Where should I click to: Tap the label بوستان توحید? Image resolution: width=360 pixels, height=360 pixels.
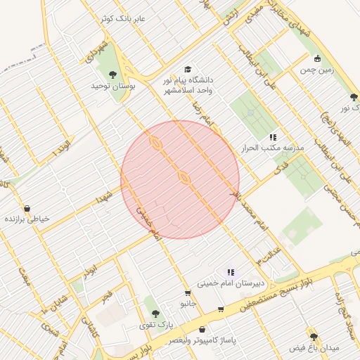click(x=112, y=85)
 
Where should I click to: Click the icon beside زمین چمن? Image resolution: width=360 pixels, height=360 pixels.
click(x=317, y=58)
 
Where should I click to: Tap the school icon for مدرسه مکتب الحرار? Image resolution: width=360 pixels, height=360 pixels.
click(x=273, y=136)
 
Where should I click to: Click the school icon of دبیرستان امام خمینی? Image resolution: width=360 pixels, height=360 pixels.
click(x=230, y=272)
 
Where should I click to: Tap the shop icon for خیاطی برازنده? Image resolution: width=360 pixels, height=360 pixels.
click(x=27, y=208)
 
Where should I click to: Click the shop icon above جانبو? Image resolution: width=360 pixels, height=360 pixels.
click(x=188, y=293)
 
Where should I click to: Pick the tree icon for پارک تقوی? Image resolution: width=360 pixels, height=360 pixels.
click(x=155, y=314)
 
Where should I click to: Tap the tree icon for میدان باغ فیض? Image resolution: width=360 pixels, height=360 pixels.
click(x=314, y=337)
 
